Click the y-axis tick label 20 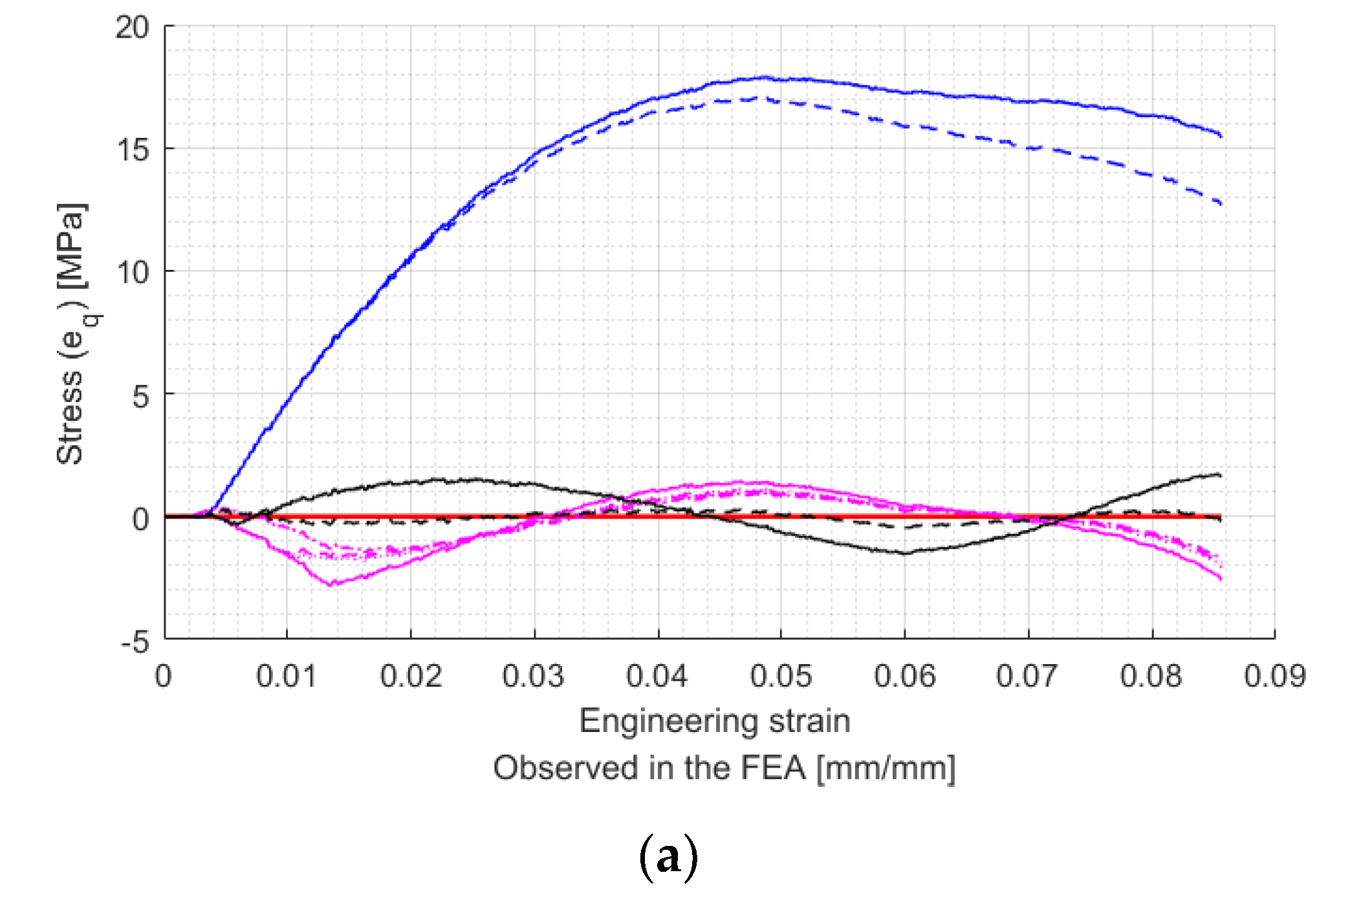pyautogui.click(x=132, y=28)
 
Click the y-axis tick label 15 pyautogui.click(x=132, y=150)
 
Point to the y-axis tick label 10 pyautogui.click(x=132, y=272)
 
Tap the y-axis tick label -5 pyautogui.click(x=135, y=642)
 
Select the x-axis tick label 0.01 pyautogui.click(x=287, y=676)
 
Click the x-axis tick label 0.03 pyautogui.click(x=534, y=676)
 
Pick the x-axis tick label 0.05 pyautogui.click(x=781, y=676)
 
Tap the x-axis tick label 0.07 pyautogui.click(x=1027, y=676)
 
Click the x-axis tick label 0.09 pyautogui.click(x=1275, y=676)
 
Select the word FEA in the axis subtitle pyautogui.click(x=773, y=768)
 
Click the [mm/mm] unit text pyautogui.click(x=886, y=768)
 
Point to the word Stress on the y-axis pyautogui.click(x=70, y=417)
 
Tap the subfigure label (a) pyautogui.click(x=669, y=858)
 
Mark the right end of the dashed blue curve pyautogui.click(x=1220, y=204)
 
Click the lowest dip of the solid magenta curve pyautogui.click(x=332, y=584)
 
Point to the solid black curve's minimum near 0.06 pyautogui.click(x=904, y=553)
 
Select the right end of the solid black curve pyautogui.click(x=1219, y=476)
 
